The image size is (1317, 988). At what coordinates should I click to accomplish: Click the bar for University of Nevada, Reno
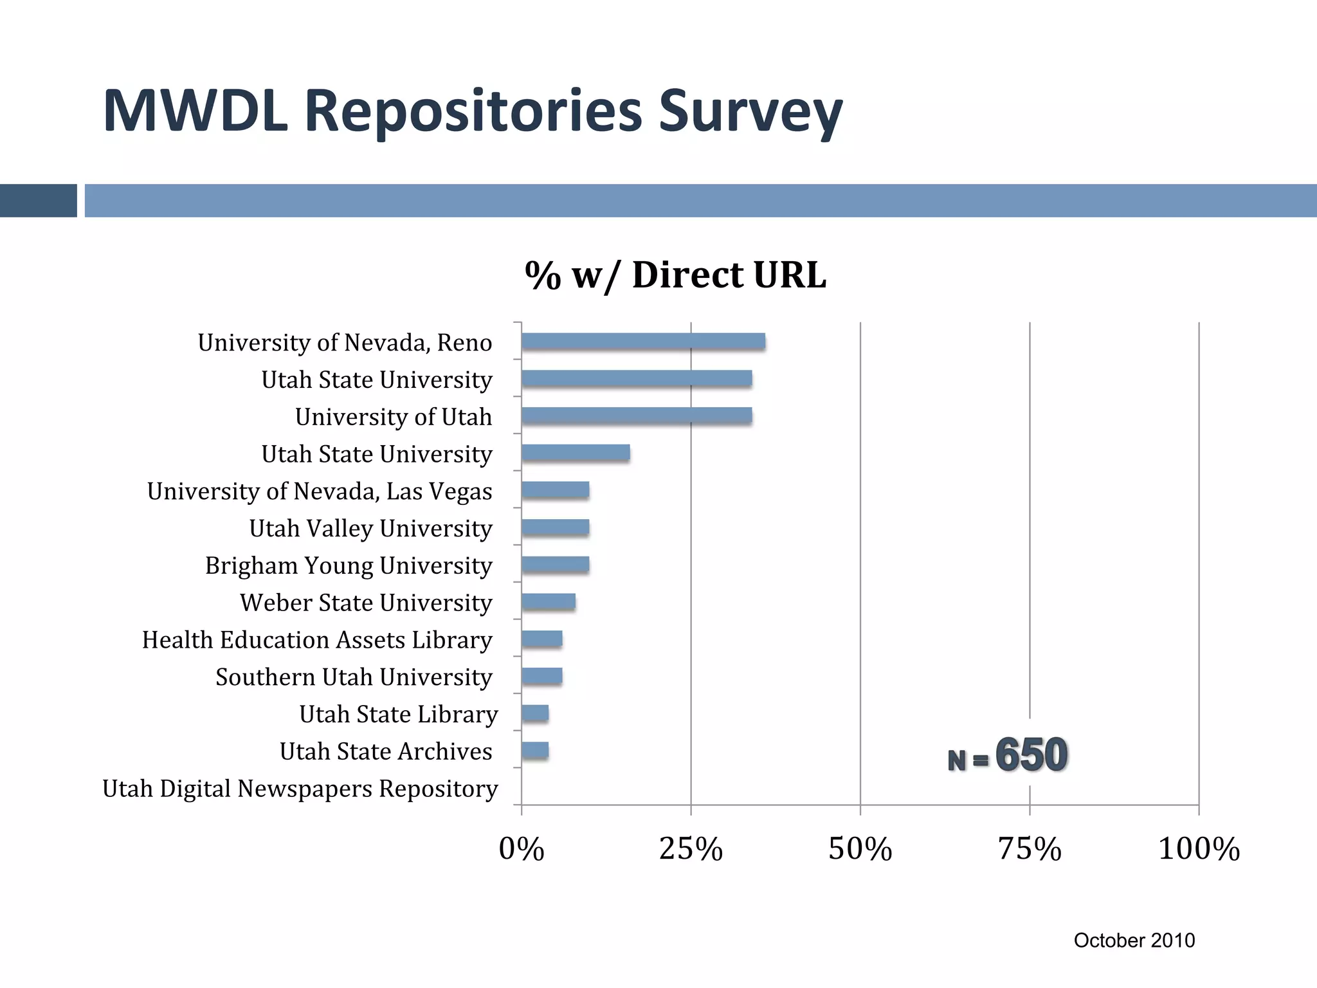tap(643, 342)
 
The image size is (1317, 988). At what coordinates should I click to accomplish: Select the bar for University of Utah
tap(637, 416)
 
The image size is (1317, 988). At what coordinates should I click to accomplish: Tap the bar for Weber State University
tap(549, 602)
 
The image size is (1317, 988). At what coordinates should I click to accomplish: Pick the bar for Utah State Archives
tap(535, 751)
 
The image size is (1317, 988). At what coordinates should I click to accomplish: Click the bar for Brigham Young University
tap(556, 565)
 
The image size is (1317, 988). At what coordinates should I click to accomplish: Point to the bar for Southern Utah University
tap(542, 676)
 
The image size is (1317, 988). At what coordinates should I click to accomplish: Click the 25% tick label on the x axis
tap(691, 848)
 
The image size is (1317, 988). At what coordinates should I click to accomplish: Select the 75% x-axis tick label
tap(1030, 848)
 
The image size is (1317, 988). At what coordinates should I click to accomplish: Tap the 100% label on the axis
tap(1199, 848)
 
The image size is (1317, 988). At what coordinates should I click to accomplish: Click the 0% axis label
tap(522, 848)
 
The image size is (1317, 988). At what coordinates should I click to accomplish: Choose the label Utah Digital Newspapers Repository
tap(300, 789)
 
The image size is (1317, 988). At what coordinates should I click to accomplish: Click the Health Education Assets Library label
tap(317, 640)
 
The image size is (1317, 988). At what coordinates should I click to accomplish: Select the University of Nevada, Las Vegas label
tap(320, 491)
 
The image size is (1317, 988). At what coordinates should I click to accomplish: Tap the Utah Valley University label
tap(370, 529)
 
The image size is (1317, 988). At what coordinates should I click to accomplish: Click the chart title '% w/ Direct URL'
tap(675, 275)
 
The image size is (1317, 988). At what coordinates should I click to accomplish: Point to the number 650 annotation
tap(1031, 755)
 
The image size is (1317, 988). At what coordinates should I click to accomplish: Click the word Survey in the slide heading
tap(750, 111)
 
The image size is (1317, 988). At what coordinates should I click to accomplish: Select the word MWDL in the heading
tap(195, 111)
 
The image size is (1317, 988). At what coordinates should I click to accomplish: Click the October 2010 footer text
tap(1134, 940)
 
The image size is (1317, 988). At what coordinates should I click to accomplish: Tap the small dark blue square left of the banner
tap(38, 201)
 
